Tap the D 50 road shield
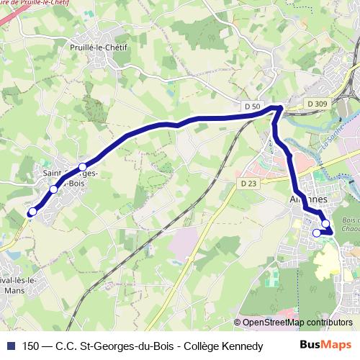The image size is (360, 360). tap(251, 107)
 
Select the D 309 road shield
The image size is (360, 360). tap(315, 104)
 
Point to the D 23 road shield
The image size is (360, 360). tap(248, 184)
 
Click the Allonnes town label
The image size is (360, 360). tap(308, 199)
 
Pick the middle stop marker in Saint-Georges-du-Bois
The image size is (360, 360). tap(53, 189)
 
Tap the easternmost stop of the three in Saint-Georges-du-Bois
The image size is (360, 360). tap(82, 166)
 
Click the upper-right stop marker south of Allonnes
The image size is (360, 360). tap(326, 224)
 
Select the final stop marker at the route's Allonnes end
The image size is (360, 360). tap(316, 233)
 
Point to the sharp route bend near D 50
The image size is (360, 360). tap(278, 109)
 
